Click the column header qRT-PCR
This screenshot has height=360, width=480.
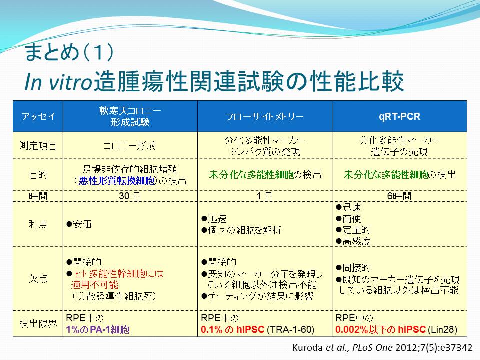[399, 116]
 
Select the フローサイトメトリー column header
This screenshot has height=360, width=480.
[264, 116]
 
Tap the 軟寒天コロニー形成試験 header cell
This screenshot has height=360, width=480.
[130, 116]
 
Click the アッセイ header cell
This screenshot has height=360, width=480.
[38, 116]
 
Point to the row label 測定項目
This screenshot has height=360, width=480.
[38, 145]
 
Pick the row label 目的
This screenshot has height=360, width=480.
[39, 175]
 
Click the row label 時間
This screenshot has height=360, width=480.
[38, 196]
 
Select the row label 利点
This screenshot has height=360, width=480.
[38, 224]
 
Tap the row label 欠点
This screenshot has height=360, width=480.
[38, 278]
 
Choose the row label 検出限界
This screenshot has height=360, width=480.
[38, 323]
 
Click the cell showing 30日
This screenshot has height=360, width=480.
[130, 196]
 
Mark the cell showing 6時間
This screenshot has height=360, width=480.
[399, 196]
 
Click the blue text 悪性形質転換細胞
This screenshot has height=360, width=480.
[116, 181]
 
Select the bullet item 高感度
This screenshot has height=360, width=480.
[353, 241]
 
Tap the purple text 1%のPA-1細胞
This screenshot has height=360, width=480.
[98, 329]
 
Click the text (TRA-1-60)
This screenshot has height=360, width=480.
[291, 329]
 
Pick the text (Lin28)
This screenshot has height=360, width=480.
[442, 329]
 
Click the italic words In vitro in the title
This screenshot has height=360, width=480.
[58, 81]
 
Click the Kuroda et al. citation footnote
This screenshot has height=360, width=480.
[382, 348]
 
